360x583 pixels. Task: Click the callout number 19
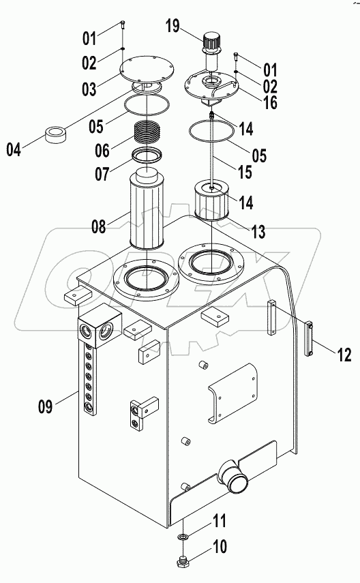click(x=172, y=27)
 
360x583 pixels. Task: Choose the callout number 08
click(x=99, y=226)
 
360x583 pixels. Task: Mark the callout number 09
click(x=45, y=408)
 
